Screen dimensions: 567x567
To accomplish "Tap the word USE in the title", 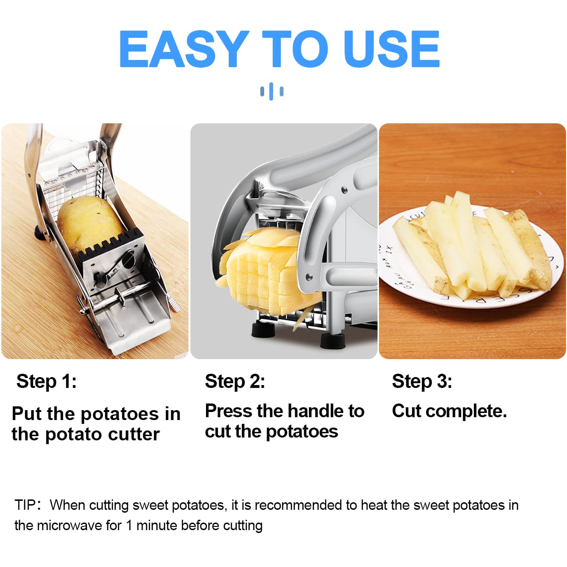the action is pos(392,49).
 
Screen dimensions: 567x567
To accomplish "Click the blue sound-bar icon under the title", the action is pos(272,91).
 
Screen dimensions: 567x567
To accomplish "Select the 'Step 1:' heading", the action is pos(46,382).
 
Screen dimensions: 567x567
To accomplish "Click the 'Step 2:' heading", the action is pos(235,382).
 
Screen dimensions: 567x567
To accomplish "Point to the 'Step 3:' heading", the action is pos(422,382).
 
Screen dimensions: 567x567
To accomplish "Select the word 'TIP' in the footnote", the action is pos(25,505).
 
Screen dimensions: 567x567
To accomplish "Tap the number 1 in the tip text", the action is pos(129,526).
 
